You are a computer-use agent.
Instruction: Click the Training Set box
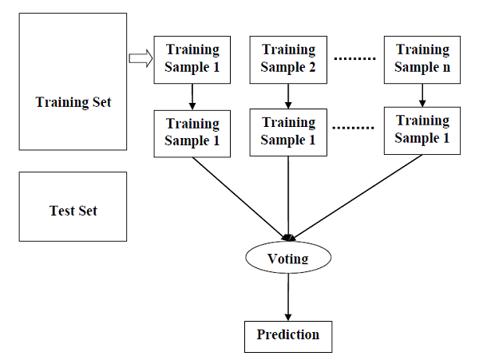(x=73, y=81)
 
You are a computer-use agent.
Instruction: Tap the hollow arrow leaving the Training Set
(x=139, y=57)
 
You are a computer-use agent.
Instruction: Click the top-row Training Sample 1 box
(x=192, y=59)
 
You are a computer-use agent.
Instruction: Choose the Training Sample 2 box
(x=288, y=59)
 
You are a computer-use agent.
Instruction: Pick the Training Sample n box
(x=422, y=59)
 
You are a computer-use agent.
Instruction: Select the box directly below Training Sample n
(x=422, y=129)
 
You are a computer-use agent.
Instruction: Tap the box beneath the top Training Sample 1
(x=192, y=132)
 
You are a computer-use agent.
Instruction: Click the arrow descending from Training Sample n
(x=422, y=94)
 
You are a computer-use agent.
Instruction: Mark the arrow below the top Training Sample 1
(x=192, y=97)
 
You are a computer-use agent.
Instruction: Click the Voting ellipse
(x=287, y=259)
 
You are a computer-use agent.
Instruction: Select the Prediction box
(x=287, y=335)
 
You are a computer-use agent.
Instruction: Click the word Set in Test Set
(x=87, y=211)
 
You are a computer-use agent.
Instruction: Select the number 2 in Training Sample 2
(x=312, y=68)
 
